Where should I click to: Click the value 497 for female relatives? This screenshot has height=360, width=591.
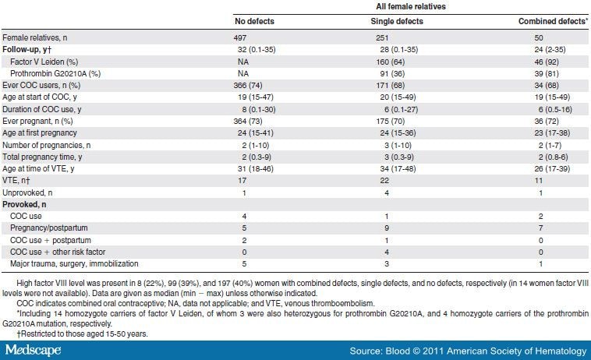(x=242, y=37)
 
